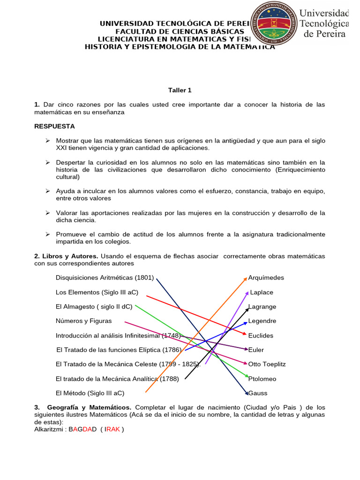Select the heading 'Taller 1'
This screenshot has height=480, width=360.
pyautogui.click(x=180, y=90)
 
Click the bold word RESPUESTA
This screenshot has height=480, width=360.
pyautogui.click(x=54, y=127)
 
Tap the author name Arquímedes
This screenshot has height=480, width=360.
pyautogui.click(x=266, y=277)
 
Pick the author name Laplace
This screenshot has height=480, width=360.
pyautogui.click(x=262, y=292)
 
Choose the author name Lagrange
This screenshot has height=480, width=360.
pyautogui.click(x=262, y=307)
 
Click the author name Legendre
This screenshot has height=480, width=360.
pyautogui.click(x=262, y=321)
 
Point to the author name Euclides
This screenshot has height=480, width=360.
pyautogui.click(x=261, y=336)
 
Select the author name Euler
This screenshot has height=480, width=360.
pyautogui.click(x=257, y=350)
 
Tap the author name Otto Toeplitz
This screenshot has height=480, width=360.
pyautogui.click(x=267, y=364)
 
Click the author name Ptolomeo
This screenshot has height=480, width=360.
pyautogui.click(x=262, y=379)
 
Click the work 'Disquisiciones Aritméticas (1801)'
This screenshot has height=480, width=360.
pyautogui.click(x=105, y=277)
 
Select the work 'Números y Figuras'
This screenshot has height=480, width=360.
pyautogui.click(x=83, y=321)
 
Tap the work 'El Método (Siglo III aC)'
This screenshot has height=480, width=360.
pyautogui.click(x=90, y=393)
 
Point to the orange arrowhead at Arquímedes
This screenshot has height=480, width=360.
pyautogui.click(x=245, y=278)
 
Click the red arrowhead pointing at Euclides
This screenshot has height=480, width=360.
pyautogui.click(x=244, y=334)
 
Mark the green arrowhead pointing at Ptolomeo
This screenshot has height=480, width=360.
pyautogui.click(x=246, y=376)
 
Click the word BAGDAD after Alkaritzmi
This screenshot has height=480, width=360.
pyautogui.click(x=83, y=429)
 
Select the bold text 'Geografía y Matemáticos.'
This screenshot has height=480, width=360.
pyautogui.click(x=89, y=407)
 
